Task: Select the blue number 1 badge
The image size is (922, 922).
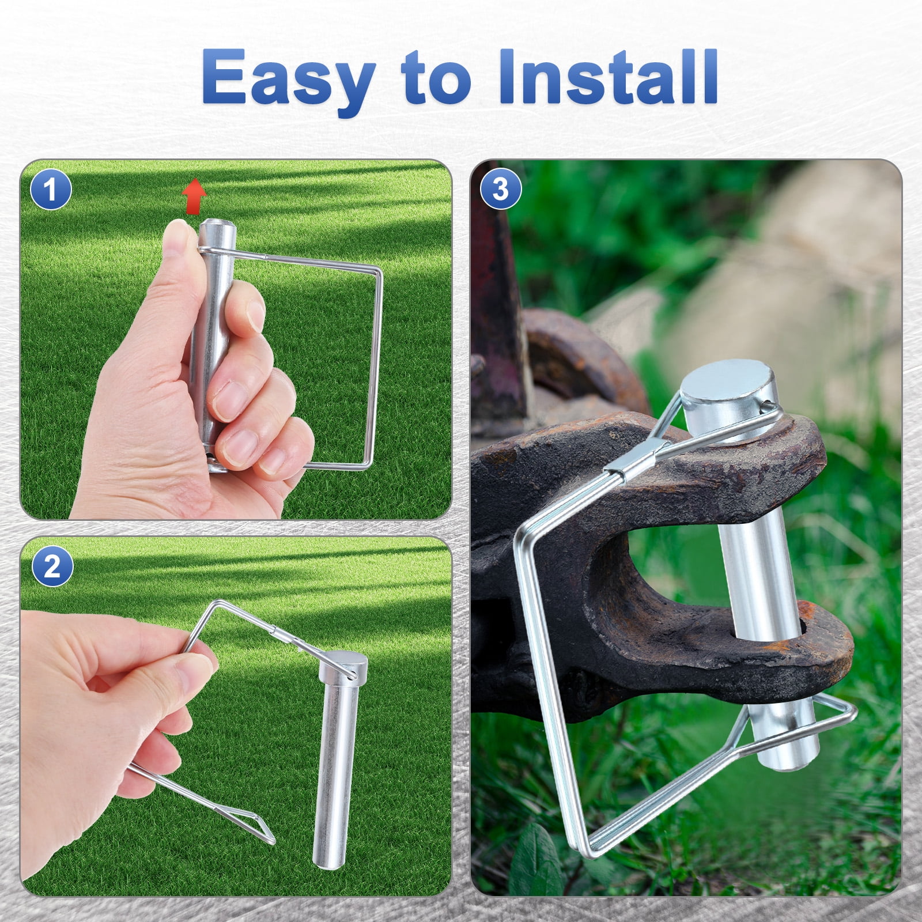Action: click(51, 190)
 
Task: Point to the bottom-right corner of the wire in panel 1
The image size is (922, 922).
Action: click(369, 462)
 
